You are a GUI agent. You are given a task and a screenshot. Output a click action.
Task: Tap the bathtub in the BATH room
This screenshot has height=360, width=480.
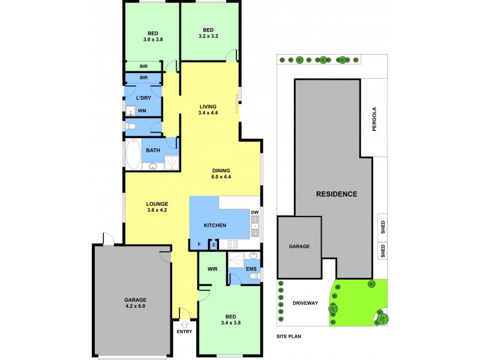coord(133,154)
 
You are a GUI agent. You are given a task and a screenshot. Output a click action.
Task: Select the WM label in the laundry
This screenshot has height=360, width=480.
coord(142,111)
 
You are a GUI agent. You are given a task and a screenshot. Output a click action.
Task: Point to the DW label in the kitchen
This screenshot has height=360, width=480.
coord(255,212)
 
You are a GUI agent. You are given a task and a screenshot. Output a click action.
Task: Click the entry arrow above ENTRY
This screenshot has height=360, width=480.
coord(184,324)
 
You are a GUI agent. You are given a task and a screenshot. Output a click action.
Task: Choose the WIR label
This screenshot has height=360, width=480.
coord(212,269)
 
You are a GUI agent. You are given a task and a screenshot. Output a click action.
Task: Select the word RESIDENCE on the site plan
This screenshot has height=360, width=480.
coord(337,194)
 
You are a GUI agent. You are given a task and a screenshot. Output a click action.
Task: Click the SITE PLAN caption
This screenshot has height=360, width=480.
coord(289,337)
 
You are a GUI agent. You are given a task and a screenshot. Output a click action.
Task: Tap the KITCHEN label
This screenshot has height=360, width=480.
coord(215,226)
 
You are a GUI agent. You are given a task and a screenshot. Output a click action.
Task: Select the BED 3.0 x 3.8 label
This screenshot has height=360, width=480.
coord(153,37)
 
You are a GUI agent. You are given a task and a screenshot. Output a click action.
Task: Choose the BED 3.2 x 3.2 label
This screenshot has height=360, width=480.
coord(208,33)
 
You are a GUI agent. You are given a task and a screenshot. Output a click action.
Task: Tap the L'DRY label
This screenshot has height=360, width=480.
coord(143,98)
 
